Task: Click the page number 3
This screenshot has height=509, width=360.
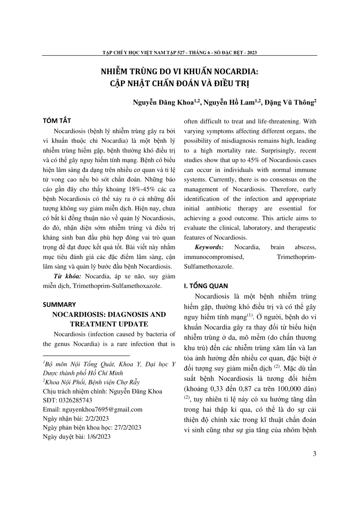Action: tap(314, 454)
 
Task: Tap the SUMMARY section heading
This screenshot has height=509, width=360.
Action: tap(59, 304)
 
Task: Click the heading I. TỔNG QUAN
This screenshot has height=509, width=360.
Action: tap(206, 286)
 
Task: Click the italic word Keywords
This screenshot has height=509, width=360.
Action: tap(209, 247)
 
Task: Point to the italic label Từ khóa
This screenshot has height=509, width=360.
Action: tap(67, 276)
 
